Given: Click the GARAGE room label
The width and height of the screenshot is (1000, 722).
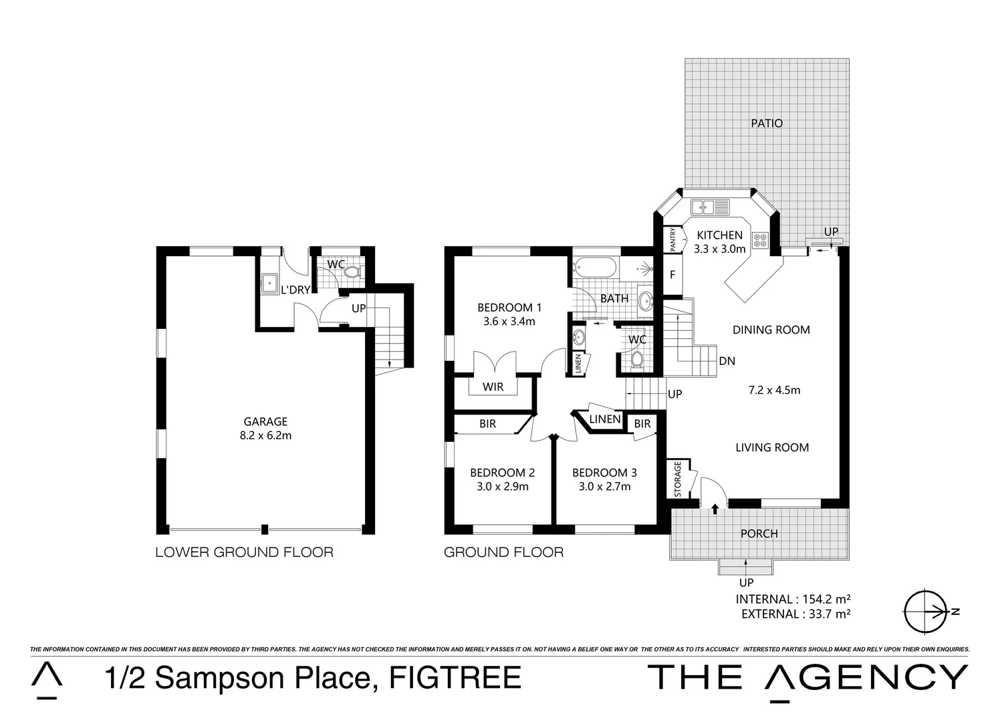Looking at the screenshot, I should (x=265, y=422).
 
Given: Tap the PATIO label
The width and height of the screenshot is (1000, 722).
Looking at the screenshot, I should (x=766, y=123).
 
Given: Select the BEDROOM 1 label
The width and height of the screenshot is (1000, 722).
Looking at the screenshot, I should (x=509, y=308).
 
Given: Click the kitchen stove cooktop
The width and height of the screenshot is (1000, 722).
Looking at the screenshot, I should (x=761, y=240).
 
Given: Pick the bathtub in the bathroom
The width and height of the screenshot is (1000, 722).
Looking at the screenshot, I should (x=595, y=268).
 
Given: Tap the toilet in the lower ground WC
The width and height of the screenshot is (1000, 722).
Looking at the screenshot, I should (x=354, y=273).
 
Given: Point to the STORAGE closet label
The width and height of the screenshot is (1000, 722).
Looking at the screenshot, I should (x=677, y=479).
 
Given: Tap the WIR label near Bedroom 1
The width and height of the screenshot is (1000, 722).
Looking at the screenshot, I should (x=493, y=387).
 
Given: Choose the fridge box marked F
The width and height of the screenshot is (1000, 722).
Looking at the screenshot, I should (x=672, y=274).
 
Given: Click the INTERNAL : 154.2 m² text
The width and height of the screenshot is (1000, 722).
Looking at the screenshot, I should (x=793, y=599).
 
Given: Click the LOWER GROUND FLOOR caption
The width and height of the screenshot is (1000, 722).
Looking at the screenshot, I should (x=244, y=552).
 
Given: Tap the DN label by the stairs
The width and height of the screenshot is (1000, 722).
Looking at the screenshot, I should (x=727, y=361).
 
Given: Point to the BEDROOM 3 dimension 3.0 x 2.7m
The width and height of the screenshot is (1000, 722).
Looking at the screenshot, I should (x=604, y=487).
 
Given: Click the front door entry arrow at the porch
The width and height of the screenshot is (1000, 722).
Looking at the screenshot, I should (x=715, y=509).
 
